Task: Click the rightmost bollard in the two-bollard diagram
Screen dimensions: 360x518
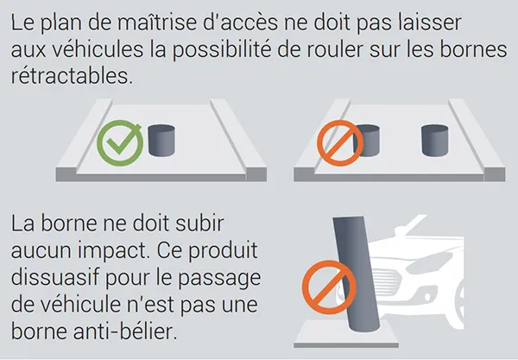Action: pos(435,141)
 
